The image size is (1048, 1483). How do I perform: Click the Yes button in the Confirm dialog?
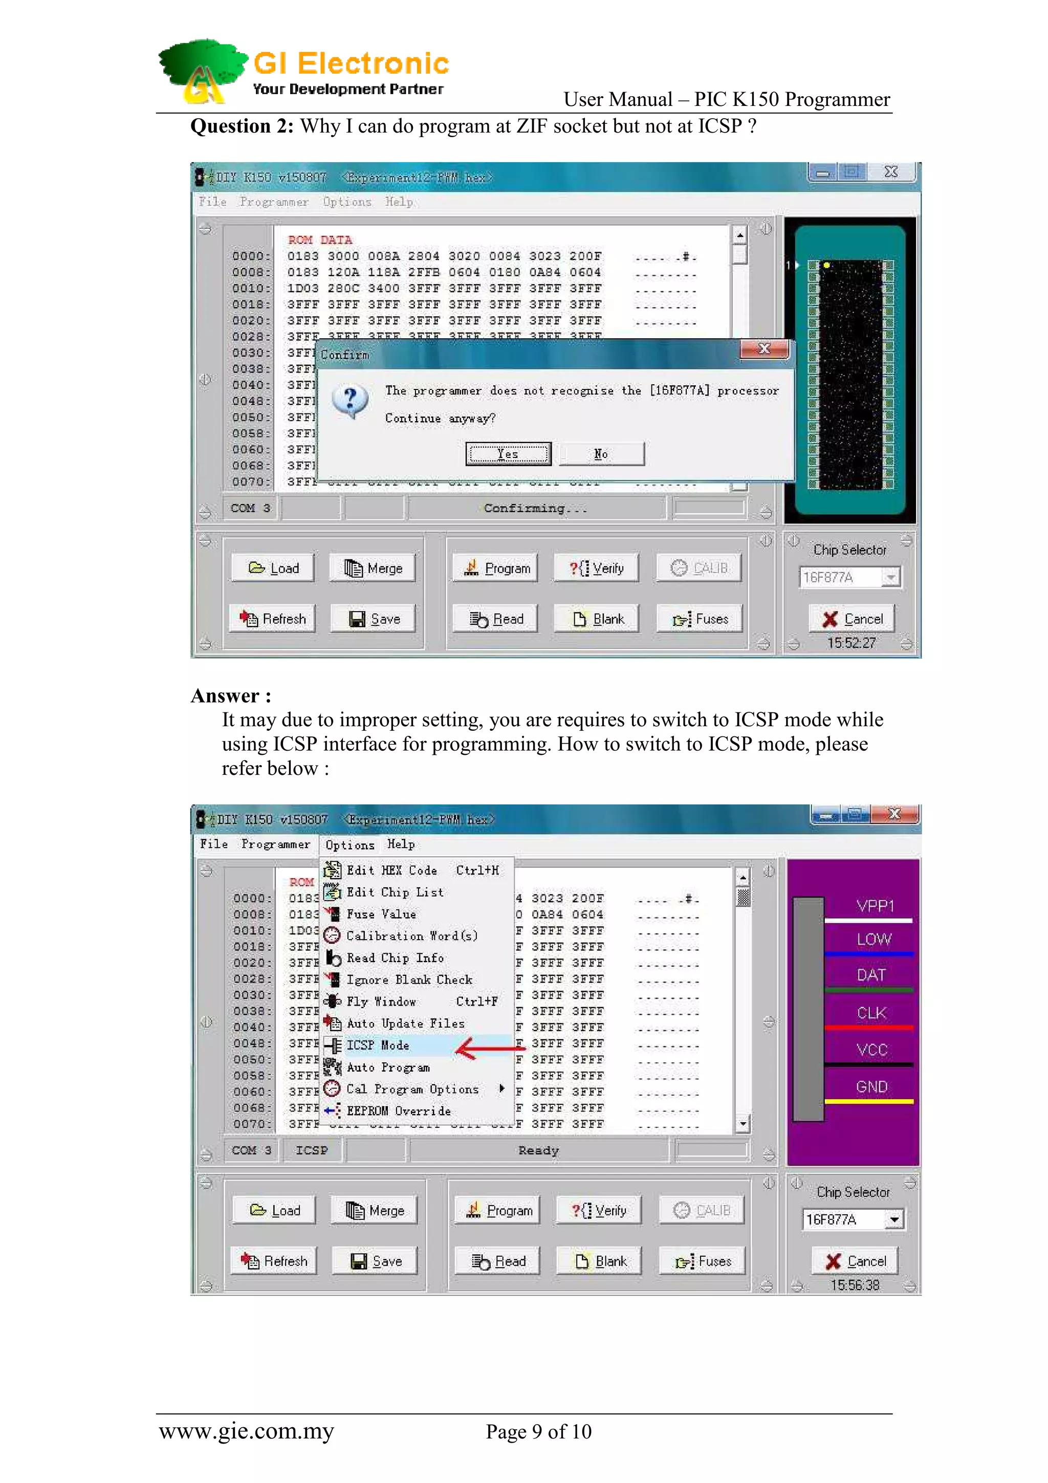[x=508, y=454]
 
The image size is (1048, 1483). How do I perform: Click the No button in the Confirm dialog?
[x=601, y=454]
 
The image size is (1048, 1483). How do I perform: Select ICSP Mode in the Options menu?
[x=378, y=1045]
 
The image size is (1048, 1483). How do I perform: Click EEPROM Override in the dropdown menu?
[x=399, y=1111]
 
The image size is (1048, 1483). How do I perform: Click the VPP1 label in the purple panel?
[x=875, y=906]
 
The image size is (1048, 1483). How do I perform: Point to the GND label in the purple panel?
[x=872, y=1087]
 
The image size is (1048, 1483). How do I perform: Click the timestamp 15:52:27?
[x=851, y=643]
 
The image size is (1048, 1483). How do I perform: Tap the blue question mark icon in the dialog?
[x=350, y=401]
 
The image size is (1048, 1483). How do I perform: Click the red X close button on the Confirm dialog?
[x=765, y=350]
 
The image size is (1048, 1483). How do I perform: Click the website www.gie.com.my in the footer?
[x=246, y=1431]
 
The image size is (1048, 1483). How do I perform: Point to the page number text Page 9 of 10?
[x=538, y=1432]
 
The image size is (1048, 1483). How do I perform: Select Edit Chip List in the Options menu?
[x=395, y=892]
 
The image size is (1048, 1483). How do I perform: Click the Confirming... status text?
[x=535, y=508]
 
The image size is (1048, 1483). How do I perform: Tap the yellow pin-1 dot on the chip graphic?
[x=826, y=265]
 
